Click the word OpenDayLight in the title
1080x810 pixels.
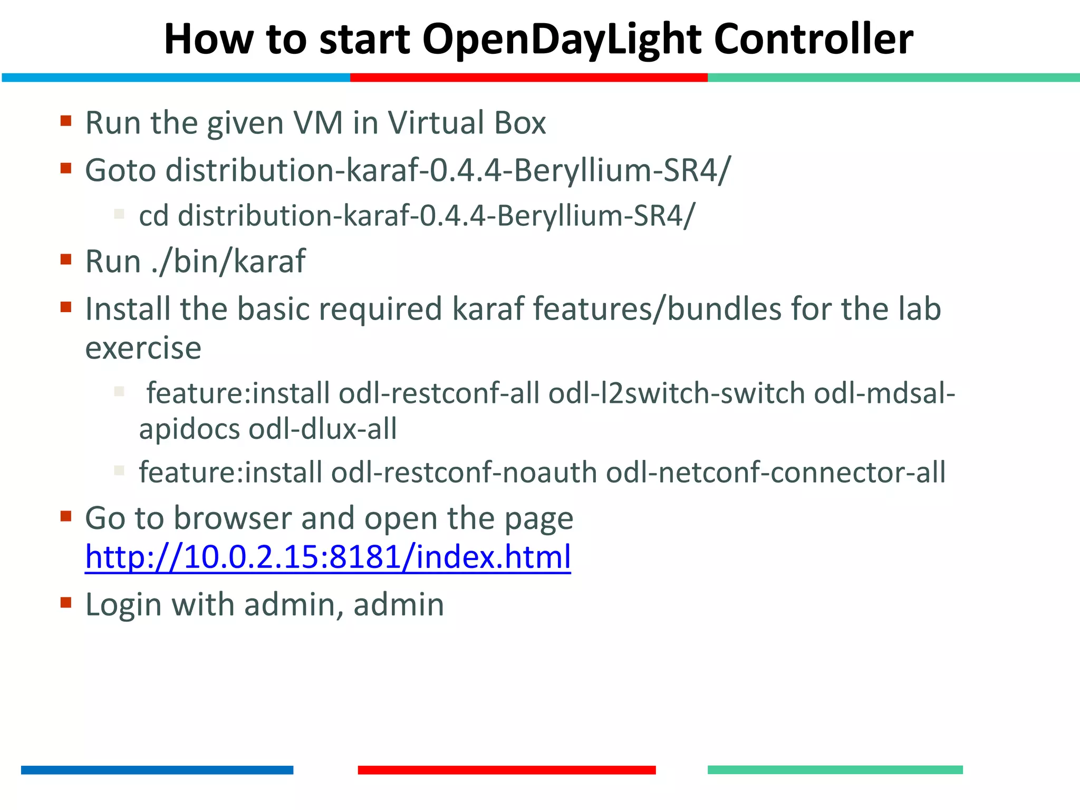[x=562, y=40]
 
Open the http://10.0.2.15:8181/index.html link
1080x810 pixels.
[x=327, y=557]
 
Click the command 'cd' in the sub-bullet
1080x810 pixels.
[x=153, y=216]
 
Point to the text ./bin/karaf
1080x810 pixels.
[x=228, y=262]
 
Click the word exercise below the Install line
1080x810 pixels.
[x=143, y=349]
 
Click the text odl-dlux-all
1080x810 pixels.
[x=323, y=429]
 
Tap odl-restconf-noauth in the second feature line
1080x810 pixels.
[x=464, y=472]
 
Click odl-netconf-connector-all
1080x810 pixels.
[x=775, y=472]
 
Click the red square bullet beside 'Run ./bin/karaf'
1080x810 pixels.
[x=66, y=259]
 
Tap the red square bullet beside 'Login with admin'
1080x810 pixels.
[x=66, y=603]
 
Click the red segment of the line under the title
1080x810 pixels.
[x=528, y=78]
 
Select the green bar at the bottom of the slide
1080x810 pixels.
[x=835, y=770]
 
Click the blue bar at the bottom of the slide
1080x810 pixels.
[x=157, y=770]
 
